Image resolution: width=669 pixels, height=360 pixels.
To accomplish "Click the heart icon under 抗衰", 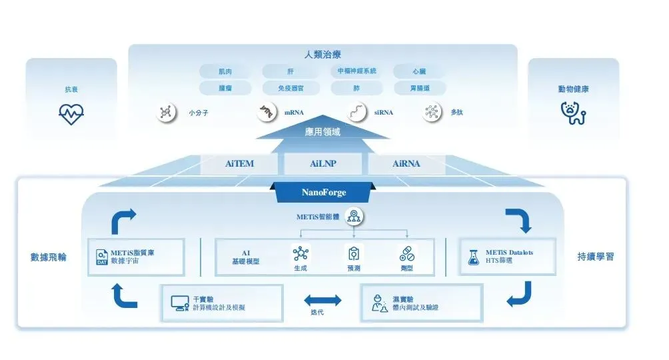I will (x=71, y=114).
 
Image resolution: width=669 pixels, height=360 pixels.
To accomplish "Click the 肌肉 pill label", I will (x=225, y=71).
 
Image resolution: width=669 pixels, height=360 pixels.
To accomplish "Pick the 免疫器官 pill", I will (x=290, y=88).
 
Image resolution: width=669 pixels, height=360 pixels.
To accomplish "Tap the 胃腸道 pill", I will (x=420, y=88).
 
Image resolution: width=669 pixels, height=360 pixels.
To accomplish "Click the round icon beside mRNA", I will (x=267, y=112).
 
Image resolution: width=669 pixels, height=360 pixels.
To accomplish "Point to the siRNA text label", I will (x=383, y=113).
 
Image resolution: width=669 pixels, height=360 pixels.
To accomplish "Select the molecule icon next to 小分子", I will (x=166, y=112).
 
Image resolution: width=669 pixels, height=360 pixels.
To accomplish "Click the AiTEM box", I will (x=238, y=163).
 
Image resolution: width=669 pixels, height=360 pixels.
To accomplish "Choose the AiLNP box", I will (x=323, y=163).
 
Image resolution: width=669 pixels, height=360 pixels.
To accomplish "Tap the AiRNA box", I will (x=406, y=163).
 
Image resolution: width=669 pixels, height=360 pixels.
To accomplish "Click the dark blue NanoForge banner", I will (x=324, y=193).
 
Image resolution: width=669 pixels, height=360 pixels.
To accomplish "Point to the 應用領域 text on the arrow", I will (x=323, y=132).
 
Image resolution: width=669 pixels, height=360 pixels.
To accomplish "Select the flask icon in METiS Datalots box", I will (x=473, y=257).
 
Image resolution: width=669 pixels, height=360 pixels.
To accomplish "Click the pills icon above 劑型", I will (x=407, y=253).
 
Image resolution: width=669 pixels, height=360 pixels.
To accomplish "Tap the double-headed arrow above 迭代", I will (x=322, y=301).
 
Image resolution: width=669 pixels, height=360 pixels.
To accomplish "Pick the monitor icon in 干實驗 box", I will (x=179, y=303).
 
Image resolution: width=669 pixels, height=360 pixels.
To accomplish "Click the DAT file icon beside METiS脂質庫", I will (x=101, y=257).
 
